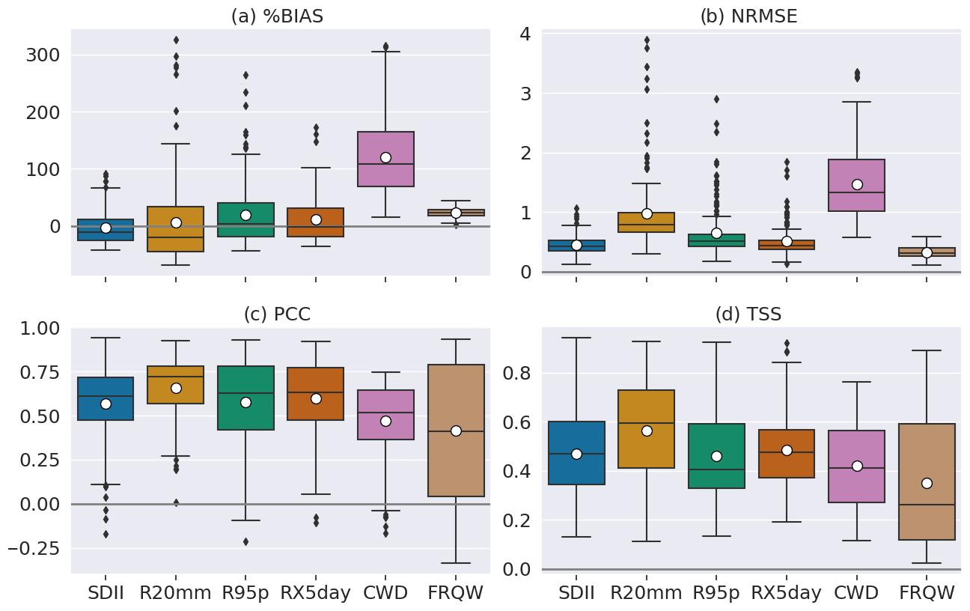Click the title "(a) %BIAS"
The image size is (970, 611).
tap(277, 16)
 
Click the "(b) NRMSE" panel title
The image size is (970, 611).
tap(748, 16)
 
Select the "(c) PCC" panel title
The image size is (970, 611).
tap(277, 314)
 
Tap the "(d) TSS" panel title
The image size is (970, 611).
tap(748, 314)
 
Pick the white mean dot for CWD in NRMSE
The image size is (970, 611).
tap(857, 184)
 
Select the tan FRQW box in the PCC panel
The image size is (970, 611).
tap(456, 464)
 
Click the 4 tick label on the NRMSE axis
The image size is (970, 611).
tap(525, 34)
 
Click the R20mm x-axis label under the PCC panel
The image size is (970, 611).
tap(175, 593)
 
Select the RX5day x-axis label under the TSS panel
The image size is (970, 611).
tap(786, 593)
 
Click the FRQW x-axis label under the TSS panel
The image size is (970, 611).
tap(927, 593)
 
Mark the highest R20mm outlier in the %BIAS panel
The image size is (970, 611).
tap(176, 40)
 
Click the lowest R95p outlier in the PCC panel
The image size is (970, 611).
tap(245, 541)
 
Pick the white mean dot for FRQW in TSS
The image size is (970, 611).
tap(927, 483)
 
